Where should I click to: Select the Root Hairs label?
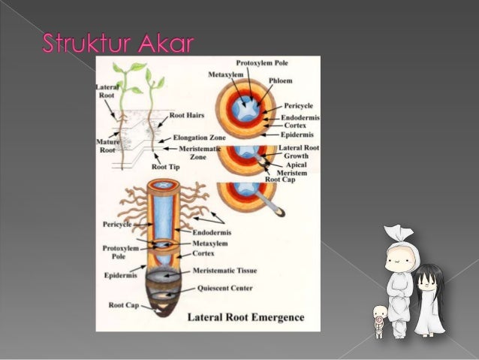coord(188,116)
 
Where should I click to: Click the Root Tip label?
coord(166,167)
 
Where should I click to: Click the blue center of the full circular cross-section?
coord(246,105)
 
